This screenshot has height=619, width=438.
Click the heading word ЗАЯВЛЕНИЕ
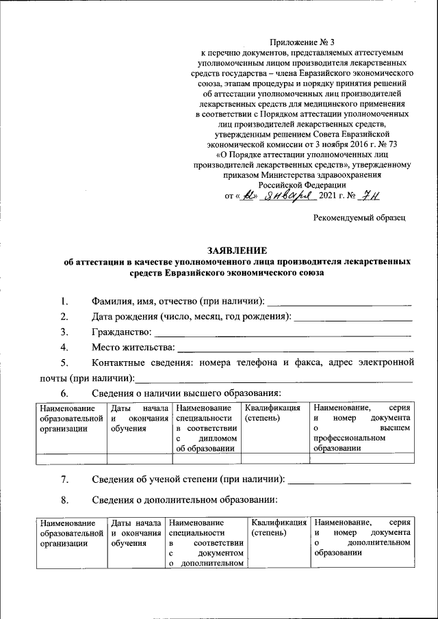pos(236,250)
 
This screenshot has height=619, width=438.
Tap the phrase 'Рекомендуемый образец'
pos(360,217)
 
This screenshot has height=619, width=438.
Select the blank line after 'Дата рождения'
pos(352,319)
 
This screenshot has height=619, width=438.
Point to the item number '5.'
pos(64,363)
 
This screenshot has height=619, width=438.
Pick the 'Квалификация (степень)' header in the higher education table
pos(272,412)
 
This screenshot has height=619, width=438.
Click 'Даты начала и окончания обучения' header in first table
pos(139,417)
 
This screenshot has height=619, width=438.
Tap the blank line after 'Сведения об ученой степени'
pos(350,482)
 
